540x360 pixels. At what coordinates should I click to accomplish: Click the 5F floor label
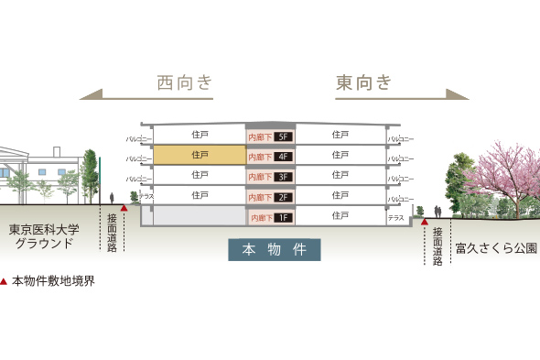click(283, 136)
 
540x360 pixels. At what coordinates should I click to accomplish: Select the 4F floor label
click(283, 157)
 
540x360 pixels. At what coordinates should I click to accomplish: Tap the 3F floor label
click(283, 177)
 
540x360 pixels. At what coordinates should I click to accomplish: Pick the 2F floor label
click(283, 197)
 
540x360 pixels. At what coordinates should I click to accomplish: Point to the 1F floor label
click(283, 218)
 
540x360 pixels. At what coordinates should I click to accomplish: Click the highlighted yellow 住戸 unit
click(200, 155)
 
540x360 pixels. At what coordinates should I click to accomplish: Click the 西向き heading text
click(184, 83)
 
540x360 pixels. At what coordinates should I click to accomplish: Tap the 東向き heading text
click(363, 83)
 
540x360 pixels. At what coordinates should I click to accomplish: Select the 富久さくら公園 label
click(495, 247)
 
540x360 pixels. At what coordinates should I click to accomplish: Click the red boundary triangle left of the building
click(124, 208)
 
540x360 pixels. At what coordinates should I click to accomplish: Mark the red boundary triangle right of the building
click(424, 221)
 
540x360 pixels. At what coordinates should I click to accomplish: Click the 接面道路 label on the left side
click(112, 232)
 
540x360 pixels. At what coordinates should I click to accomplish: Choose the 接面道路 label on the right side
click(437, 246)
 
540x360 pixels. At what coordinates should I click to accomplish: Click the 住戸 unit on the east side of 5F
click(340, 135)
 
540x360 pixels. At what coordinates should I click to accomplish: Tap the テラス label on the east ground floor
click(395, 218)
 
